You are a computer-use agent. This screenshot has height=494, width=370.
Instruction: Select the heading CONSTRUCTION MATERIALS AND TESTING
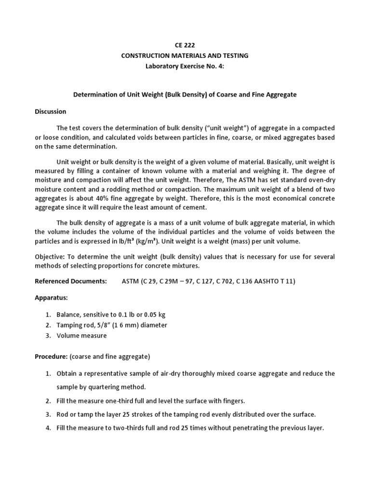click(185, 55)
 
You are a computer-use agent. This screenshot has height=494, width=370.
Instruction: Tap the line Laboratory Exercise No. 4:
click(185, 66)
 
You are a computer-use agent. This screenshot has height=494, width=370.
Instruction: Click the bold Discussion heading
click(51, 111)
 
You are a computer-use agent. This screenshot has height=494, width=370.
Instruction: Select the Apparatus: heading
click(51, 298)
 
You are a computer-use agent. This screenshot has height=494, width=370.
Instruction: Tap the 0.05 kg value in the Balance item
click(153, 315)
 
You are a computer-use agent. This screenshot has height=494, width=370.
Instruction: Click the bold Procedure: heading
click(52, 357)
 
